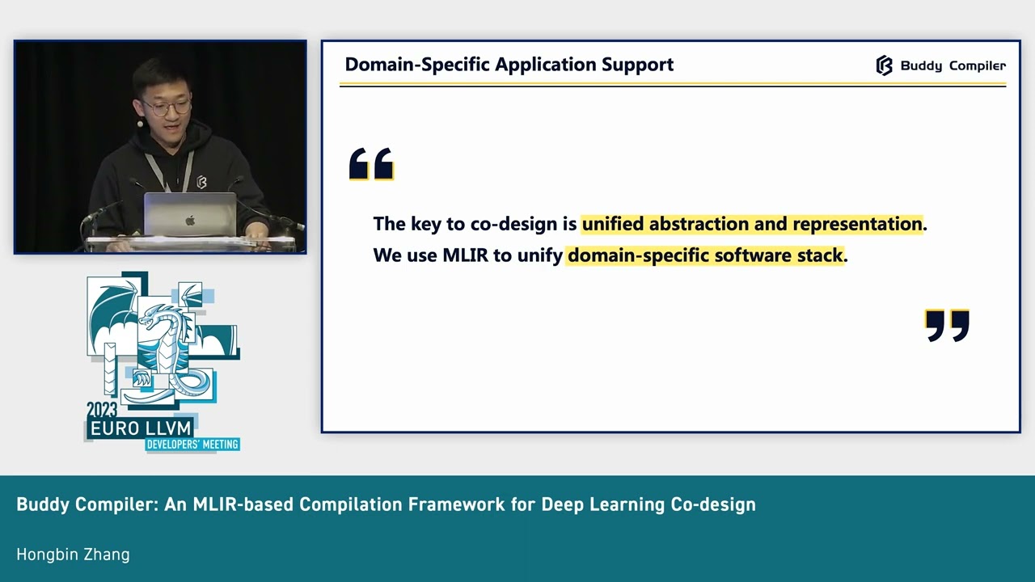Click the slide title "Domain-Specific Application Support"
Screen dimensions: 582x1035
coord(509,65)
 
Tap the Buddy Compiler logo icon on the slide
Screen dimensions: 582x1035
coord(884,65)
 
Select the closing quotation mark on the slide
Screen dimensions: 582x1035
coord(947,325)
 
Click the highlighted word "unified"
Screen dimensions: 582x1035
coord(612,224)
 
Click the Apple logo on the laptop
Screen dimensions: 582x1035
coord(190,220)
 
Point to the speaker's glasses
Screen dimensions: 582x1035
coord(167,106)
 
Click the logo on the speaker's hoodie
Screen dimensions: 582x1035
coord(201,182)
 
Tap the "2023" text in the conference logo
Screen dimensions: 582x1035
coord(102,410)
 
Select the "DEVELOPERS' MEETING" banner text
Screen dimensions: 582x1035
coord(192,445)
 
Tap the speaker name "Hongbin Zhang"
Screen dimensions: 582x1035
coord(73,555)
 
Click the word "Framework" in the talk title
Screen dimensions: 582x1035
coord(458,504)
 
